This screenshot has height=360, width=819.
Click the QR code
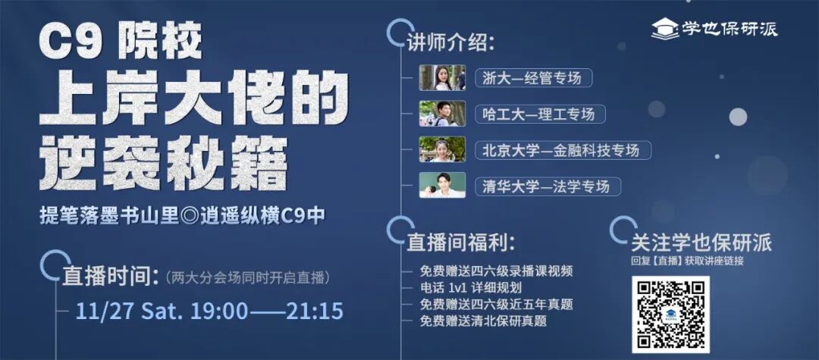tap(670, 314)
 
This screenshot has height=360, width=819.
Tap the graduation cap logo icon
tap(665, 28)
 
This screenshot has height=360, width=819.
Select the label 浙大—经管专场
tap(533, 77)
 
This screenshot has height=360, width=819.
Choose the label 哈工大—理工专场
tap(539, 114)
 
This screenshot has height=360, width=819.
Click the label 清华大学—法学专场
tap(546, 186)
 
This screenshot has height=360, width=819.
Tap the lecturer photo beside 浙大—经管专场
tap(442, 77)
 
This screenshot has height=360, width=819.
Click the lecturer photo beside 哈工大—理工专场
tap(442, 114)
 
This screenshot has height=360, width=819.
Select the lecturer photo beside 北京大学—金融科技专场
tap(442, 149)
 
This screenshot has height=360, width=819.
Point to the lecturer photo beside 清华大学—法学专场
tap(442, 186)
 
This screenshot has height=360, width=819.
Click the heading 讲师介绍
tap(450, 42)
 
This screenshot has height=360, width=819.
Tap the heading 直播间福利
tap(461, 243)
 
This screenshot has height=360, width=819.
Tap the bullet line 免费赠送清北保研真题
tap(483, 321)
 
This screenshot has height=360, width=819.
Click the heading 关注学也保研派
tap(701, 243)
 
